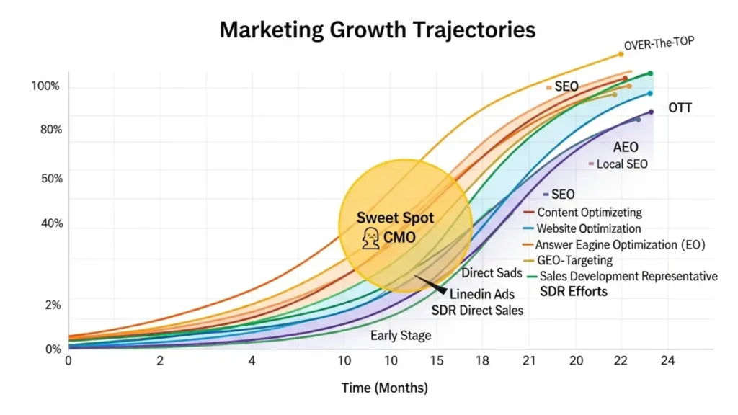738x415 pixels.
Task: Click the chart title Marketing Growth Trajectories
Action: pos(377,30)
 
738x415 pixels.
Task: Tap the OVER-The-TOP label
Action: pos(658,45)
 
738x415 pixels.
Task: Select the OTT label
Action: pos(680,108)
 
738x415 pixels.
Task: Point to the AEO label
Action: pos(625,147)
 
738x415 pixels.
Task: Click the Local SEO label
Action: pos(622,164)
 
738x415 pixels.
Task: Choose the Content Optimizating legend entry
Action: pos(589,213)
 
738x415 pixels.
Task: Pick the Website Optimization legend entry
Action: pos(589,228)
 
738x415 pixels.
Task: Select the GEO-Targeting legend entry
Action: pos(574,260)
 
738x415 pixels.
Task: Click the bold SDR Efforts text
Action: pos(574,291)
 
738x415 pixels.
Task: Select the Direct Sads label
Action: pos(488,273)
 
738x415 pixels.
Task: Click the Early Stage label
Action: pos(401,335)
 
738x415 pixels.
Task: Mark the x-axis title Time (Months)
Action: pos(384,388)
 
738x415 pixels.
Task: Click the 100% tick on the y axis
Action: pos(45,86)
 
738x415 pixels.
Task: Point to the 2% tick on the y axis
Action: pos(53,305)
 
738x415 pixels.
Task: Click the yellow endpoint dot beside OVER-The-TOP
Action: pos(621,54)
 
